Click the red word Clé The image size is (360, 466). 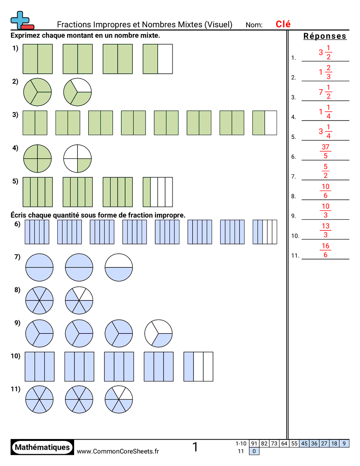283,24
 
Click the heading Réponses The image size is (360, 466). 325,36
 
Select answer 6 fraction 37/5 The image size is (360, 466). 325,151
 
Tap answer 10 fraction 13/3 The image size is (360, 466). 326,230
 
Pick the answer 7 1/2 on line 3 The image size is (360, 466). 325,92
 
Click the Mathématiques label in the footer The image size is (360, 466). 42,447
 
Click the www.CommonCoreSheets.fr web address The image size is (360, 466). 118,451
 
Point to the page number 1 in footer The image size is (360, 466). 195,447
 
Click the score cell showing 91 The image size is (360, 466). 254,443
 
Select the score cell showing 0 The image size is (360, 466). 254,451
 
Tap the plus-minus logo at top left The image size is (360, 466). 22,20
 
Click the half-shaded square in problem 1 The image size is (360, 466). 158,59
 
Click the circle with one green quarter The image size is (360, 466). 77,158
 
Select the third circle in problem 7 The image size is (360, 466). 119,267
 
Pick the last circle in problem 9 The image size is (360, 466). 158,333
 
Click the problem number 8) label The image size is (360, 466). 17,290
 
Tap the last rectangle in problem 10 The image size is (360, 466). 198,366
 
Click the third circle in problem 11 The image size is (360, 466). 119,399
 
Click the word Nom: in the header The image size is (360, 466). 254,25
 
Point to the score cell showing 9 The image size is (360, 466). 344,443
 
